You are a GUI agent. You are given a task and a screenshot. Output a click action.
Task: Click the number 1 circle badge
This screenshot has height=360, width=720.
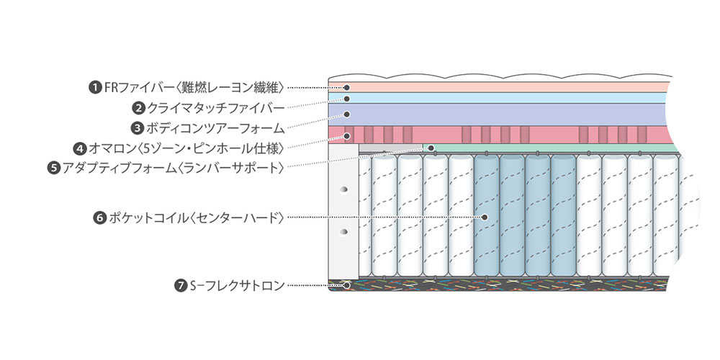94,87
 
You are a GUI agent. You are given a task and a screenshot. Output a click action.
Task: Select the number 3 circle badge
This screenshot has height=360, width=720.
137,129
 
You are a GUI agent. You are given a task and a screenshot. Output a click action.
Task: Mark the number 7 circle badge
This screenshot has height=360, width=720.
181,286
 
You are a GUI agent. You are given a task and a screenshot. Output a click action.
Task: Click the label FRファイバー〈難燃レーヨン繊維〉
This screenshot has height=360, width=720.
195,87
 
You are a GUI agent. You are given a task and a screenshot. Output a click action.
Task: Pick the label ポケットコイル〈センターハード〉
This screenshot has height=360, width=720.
195,216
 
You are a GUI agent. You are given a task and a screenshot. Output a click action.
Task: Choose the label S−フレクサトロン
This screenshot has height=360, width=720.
238,286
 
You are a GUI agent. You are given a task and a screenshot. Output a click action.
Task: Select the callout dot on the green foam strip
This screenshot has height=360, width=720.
431,148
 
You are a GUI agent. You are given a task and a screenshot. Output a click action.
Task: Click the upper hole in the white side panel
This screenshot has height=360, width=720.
343,189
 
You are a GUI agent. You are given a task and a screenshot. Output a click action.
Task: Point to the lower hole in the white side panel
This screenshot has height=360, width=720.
343,232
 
